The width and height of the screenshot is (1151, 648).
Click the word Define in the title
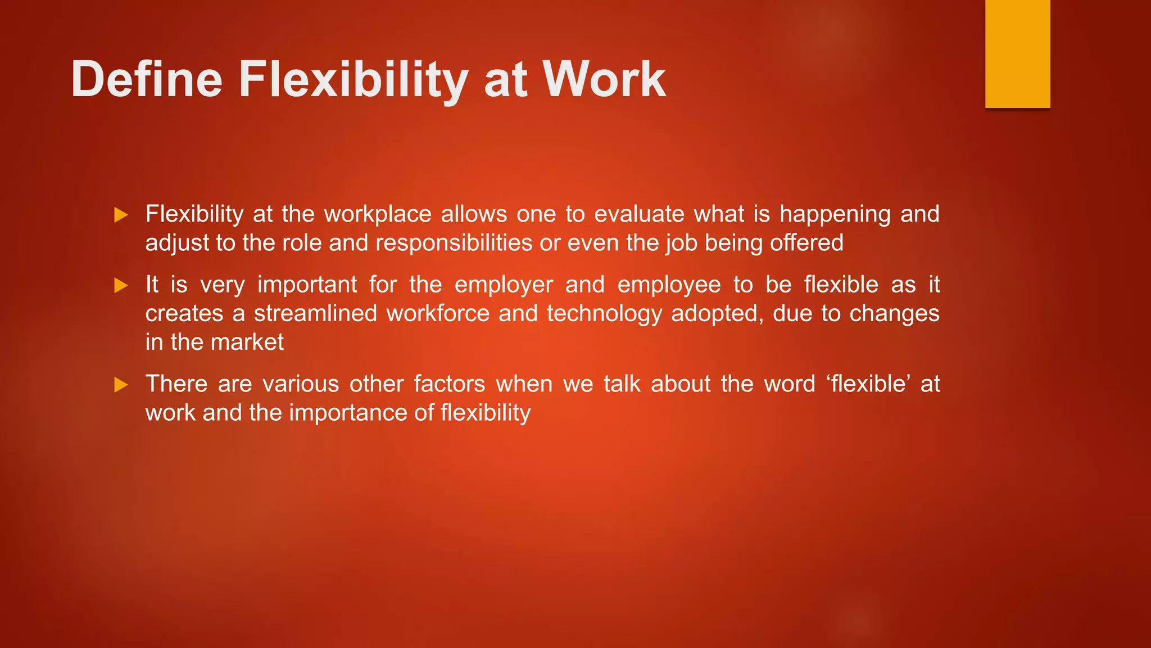click(x=147, y=79)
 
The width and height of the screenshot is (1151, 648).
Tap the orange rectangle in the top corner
click(x=1017, y=53)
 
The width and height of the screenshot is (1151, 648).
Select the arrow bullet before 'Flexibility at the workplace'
click(x=121, y=215)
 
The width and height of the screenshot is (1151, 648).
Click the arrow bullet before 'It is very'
click(x=121, y=285)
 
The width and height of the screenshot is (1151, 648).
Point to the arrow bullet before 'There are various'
click(x=121, y=385)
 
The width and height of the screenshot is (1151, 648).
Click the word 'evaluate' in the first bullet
click(x=639, y=214)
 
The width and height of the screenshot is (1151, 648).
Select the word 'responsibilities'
click(x=454, y=243)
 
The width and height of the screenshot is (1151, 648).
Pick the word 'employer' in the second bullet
click(x=504, y=285)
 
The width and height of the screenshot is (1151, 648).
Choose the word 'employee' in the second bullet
click(x=669, y=285)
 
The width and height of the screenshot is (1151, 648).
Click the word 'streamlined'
click(x=315, y=313)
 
